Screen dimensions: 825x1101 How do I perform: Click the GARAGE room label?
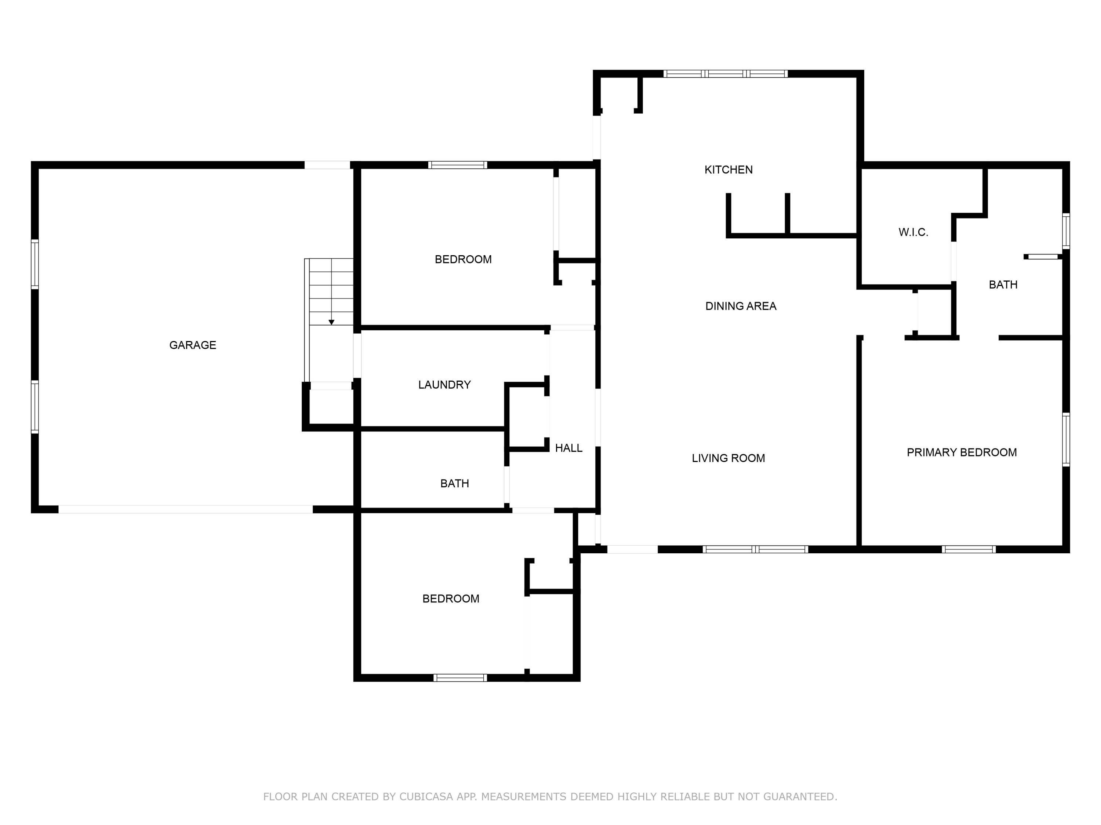coord(193,345)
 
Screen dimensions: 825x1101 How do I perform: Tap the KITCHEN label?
coord(728,169)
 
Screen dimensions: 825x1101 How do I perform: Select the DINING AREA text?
coord(741,306)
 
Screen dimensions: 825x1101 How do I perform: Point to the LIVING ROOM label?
coord(728,458)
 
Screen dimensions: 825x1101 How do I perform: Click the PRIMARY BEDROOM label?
coord(961,452)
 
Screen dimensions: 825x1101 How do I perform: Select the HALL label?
coord(568,448)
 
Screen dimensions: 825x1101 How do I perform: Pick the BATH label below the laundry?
coord(454,483)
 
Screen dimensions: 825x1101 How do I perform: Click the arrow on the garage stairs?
coord(331,322)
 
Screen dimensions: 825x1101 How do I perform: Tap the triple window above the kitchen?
coord(725,74)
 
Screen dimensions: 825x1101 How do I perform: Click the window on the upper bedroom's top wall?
coord(457,165)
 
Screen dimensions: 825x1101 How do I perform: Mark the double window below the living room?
coord(755,550)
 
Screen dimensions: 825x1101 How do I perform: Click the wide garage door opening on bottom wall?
coord(186,509)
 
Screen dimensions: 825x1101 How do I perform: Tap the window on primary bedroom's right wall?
coord(1066,440)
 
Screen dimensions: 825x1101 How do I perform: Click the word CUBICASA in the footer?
coord(426,797)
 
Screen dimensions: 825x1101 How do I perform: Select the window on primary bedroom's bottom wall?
coord(968,550)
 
